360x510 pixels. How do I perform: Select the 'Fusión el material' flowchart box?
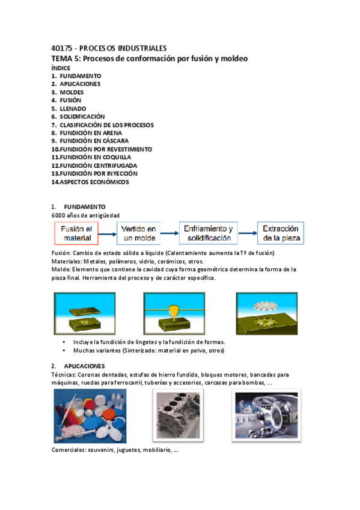(78, 233)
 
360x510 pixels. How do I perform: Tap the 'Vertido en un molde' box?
(139, 233)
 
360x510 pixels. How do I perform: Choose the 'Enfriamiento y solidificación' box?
(209, 233)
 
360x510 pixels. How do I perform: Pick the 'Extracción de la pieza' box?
(281, 233)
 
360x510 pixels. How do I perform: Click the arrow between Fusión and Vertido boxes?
(108, 233)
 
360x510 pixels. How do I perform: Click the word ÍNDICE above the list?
(61, 68)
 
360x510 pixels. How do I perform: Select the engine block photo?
(178, 416)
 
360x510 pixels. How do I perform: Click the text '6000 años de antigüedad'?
(86, 215)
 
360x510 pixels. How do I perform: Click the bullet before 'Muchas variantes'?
(64, 351)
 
